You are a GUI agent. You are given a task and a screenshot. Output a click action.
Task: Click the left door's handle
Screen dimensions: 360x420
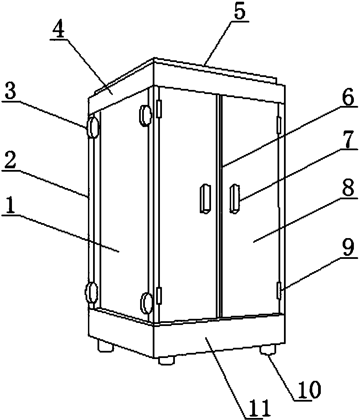[x=205, y=199]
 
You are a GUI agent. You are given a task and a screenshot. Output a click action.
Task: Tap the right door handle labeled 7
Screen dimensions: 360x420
[x=235, y=199]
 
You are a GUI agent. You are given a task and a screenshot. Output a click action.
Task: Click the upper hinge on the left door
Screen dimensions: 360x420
[x=159, y=109]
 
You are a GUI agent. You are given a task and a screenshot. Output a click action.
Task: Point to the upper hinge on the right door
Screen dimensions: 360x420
[x=279, y=125]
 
